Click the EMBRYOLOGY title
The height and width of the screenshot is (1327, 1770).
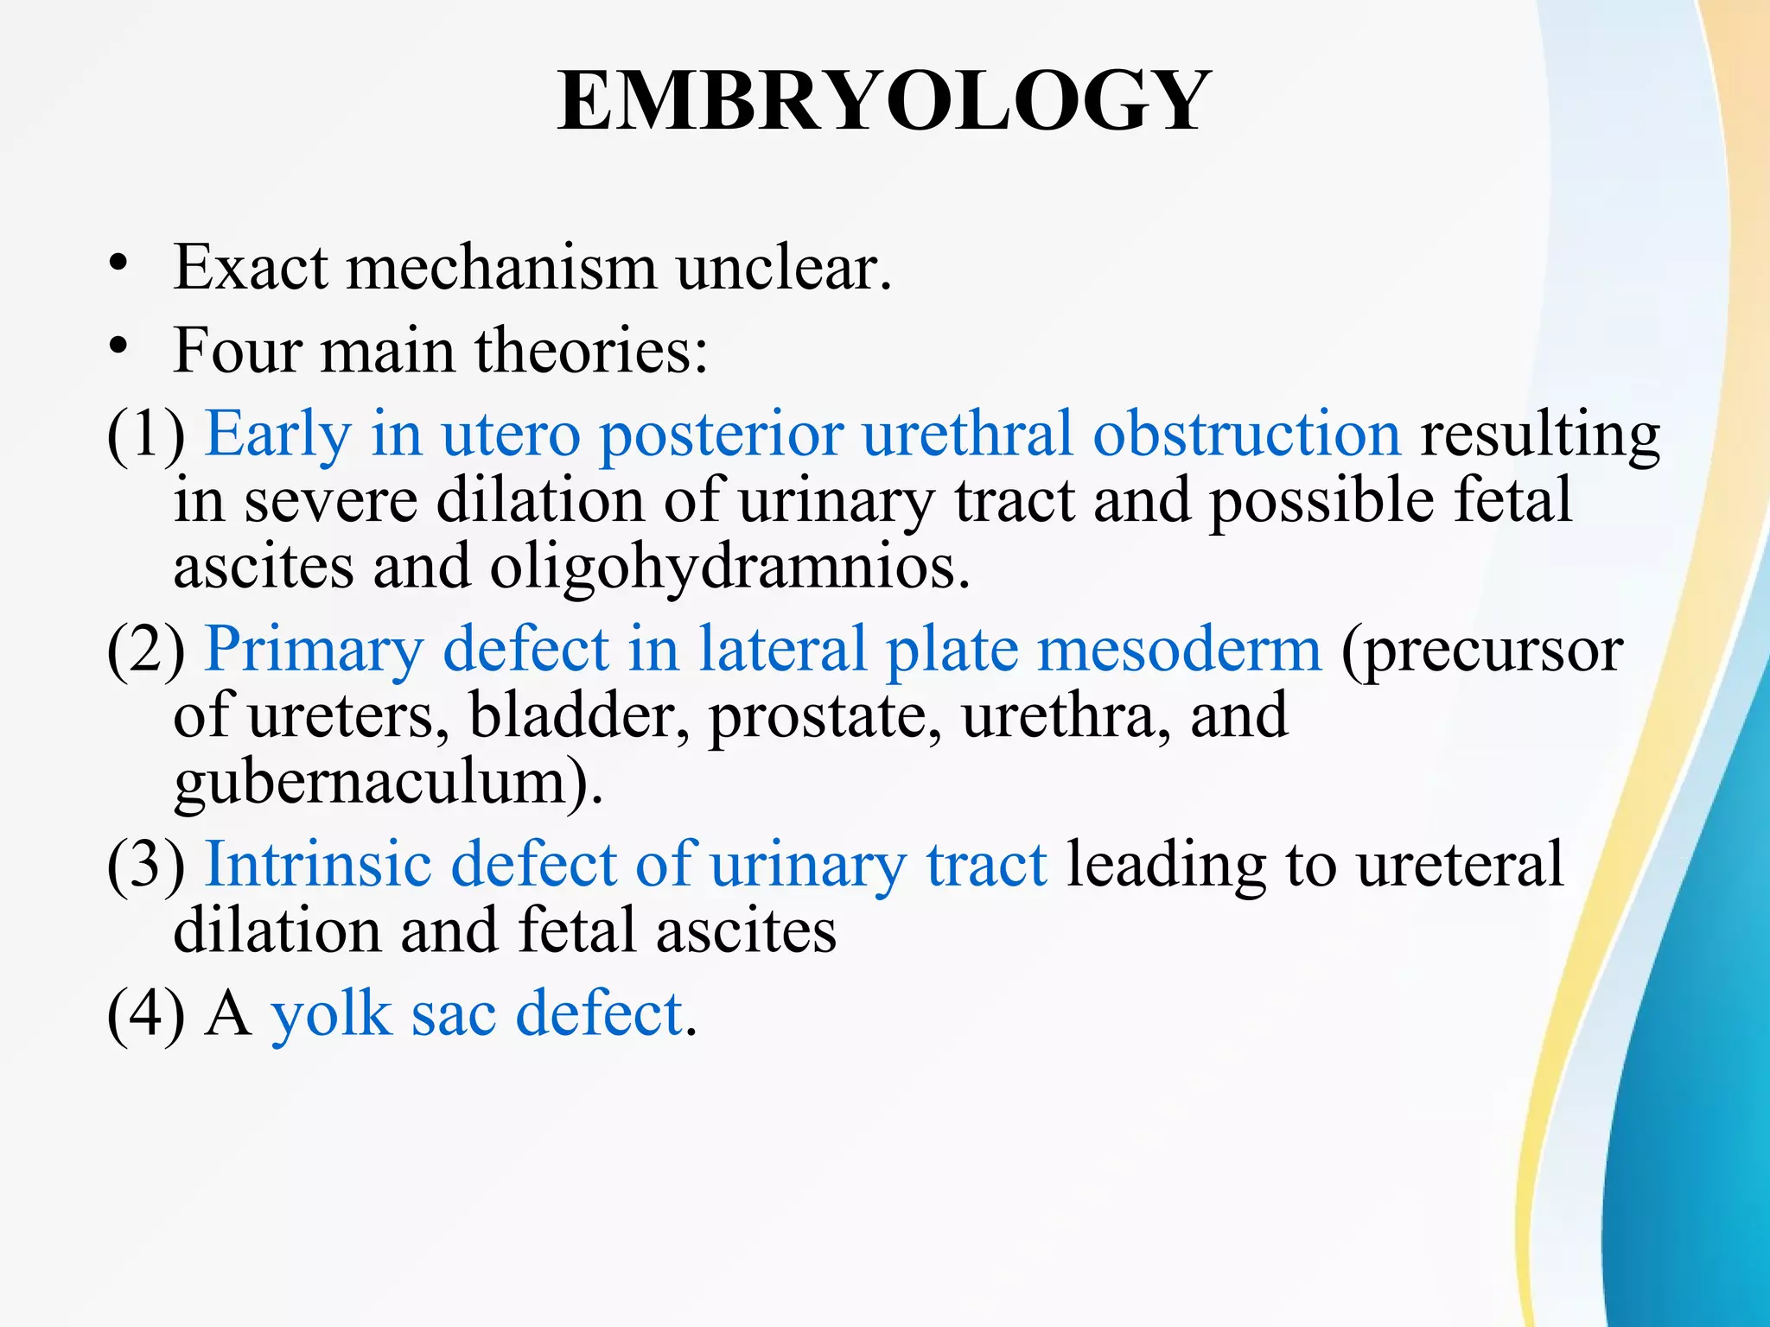883,102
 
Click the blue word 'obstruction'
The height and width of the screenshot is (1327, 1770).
1246,434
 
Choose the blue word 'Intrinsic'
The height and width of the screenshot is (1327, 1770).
318,864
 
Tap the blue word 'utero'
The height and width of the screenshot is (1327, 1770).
511,434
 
